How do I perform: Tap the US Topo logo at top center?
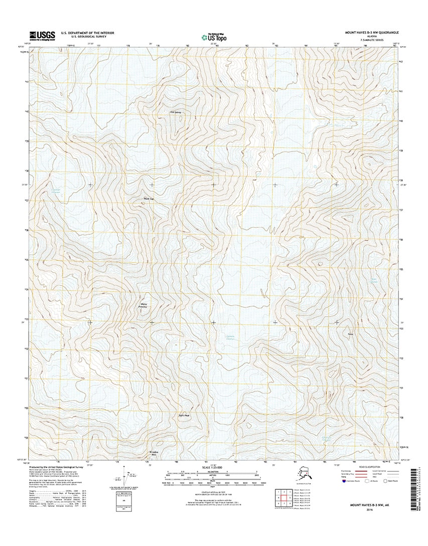pyautogui.click(x=213, y=36)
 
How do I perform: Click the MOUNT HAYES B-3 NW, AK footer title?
pyautogui.click(x=372, y=507)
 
